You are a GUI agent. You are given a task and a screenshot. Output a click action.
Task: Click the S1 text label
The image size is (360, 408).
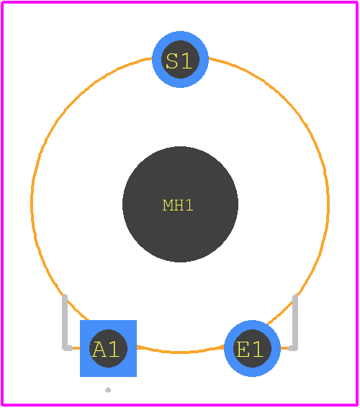[179, 61]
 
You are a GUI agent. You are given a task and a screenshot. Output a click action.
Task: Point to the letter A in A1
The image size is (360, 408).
[99, 349]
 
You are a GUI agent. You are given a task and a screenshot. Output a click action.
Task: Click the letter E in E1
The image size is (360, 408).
[243, 349]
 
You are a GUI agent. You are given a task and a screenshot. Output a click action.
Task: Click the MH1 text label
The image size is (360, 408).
[178, 205]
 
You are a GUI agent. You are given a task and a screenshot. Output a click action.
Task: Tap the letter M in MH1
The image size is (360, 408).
[168, 205]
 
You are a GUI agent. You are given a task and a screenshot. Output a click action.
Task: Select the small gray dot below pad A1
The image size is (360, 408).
[108, 390]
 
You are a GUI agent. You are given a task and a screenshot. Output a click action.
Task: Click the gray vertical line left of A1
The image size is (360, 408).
[65, 321]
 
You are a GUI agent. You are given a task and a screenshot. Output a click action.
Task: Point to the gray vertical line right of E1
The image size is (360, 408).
[295, 321]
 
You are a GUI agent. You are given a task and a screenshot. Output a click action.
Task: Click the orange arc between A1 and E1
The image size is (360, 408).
[181, 352]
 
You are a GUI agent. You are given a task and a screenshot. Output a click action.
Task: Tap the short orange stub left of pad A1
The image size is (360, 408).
[76, 348]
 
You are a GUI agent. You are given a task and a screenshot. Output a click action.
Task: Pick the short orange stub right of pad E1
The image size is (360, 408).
[284, 348]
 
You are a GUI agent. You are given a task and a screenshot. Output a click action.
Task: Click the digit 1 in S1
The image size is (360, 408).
[187, 61]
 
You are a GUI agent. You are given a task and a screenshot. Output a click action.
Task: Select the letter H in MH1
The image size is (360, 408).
[179, 205]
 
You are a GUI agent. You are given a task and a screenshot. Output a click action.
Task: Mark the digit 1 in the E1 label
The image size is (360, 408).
[258, 349]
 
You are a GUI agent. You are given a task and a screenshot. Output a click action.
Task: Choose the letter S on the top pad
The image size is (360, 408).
[172, 61]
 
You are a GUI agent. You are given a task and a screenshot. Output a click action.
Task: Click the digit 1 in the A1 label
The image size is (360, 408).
[114, 349]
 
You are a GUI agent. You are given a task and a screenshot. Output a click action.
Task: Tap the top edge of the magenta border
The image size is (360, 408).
[180, 2]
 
